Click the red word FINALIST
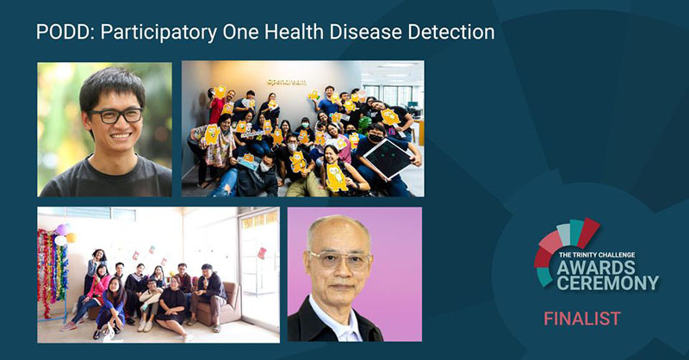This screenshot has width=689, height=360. tap(582, 319)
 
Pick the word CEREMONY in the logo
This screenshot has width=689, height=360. tap(608, 283)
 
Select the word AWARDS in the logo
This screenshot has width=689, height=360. tap(596, 267)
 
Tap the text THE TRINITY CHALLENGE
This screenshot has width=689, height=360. tap(596, 255)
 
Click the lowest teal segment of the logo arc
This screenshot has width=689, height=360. tap(544, 276)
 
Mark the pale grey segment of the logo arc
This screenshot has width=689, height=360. tap(563, 234)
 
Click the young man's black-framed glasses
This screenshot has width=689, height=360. tap(116, 115)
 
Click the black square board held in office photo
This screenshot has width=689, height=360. tap(388, 158)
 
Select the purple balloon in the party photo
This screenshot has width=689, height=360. tap(62, 229)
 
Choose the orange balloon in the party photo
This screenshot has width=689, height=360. tap(71, 238)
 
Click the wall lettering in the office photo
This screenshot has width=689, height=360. tap(287, 82)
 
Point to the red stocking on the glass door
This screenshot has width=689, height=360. tap(262, 252)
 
